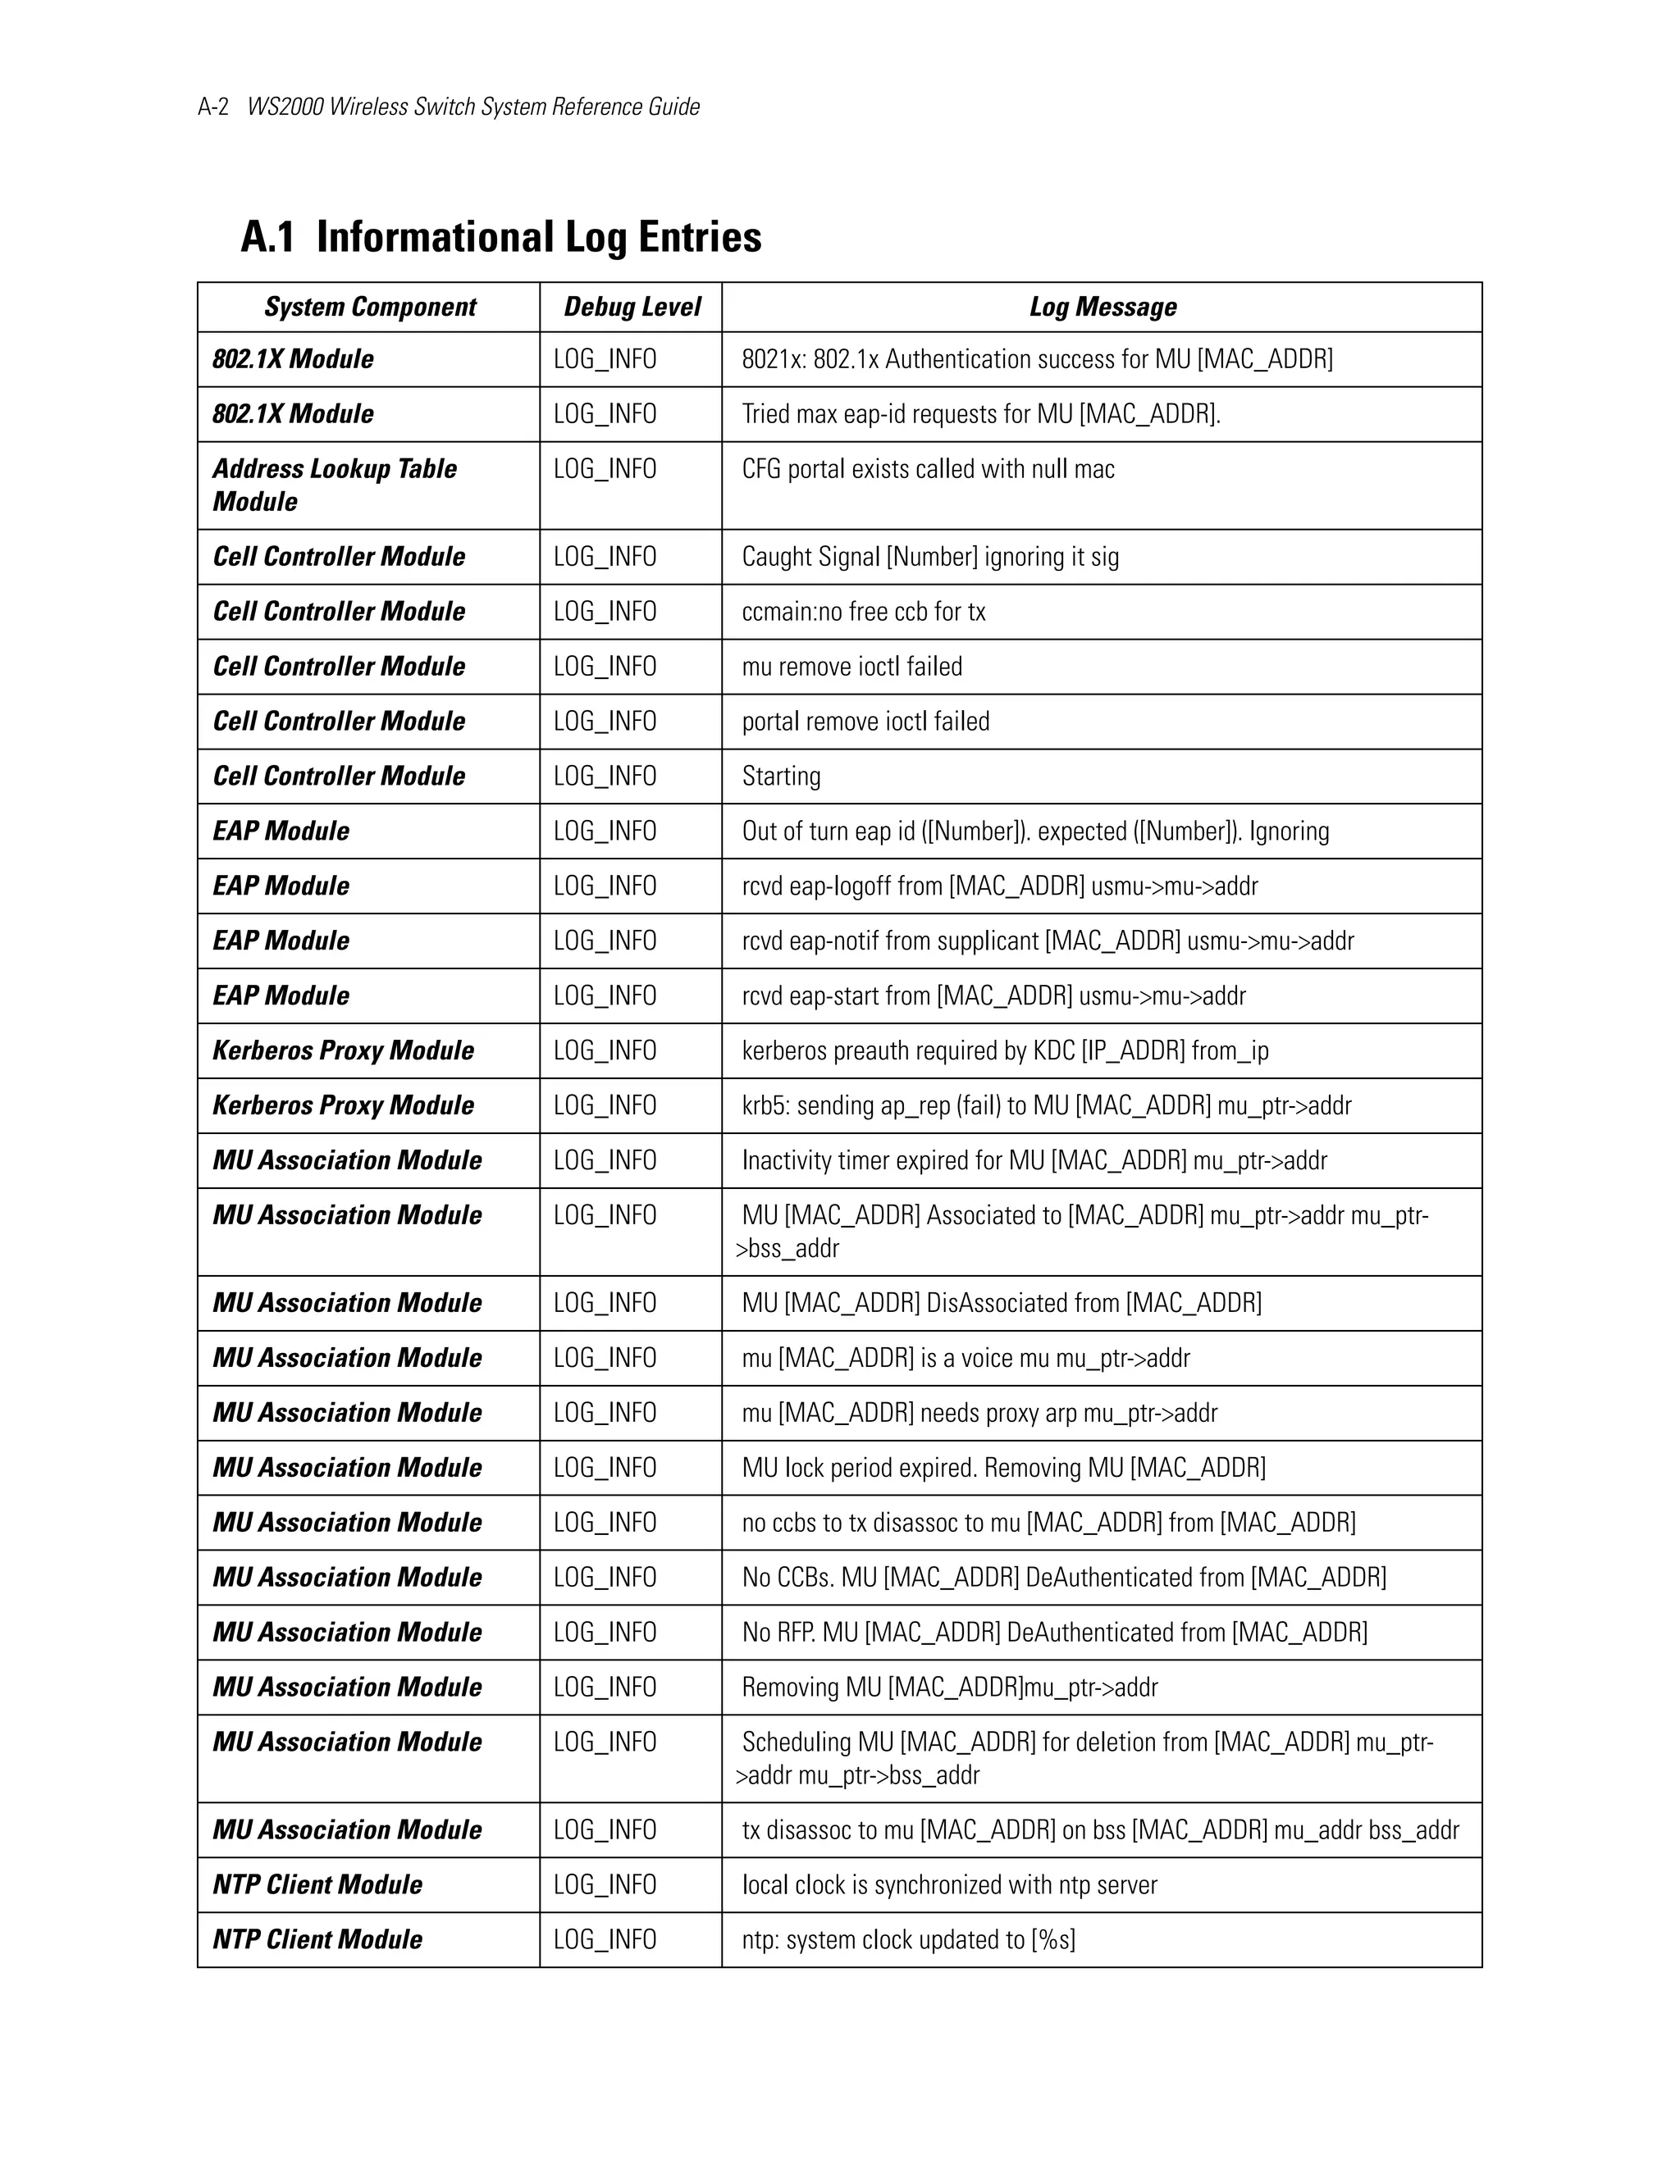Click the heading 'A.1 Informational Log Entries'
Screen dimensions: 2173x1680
[500, 237]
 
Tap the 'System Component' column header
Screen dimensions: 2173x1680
[369, 307]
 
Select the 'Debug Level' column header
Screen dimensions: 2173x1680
[632, 307]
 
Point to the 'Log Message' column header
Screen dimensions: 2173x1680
[1102, 307]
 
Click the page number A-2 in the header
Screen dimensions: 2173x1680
[213, 107]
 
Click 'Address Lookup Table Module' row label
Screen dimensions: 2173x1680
[335, 485]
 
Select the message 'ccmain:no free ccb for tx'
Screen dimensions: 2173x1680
[863, 612]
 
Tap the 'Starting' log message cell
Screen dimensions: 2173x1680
[781, 776]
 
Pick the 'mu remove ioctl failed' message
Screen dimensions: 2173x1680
[852, 667]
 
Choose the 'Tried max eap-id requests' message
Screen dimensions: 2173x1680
[981, 414]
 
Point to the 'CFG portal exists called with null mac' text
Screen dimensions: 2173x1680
[928, 470]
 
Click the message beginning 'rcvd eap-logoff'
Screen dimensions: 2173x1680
[999, 886]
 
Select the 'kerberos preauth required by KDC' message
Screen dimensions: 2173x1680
[1005, 1050]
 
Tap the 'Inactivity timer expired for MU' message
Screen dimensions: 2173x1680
[1034, 1160]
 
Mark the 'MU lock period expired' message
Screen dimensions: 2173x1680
[1003, 1468]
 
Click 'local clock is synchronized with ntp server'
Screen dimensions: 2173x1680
[949, 1884]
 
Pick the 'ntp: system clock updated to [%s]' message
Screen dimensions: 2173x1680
[909, 1939]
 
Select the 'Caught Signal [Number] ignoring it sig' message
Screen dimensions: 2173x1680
[929, 557]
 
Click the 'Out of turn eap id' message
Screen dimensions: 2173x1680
[1035, 831]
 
